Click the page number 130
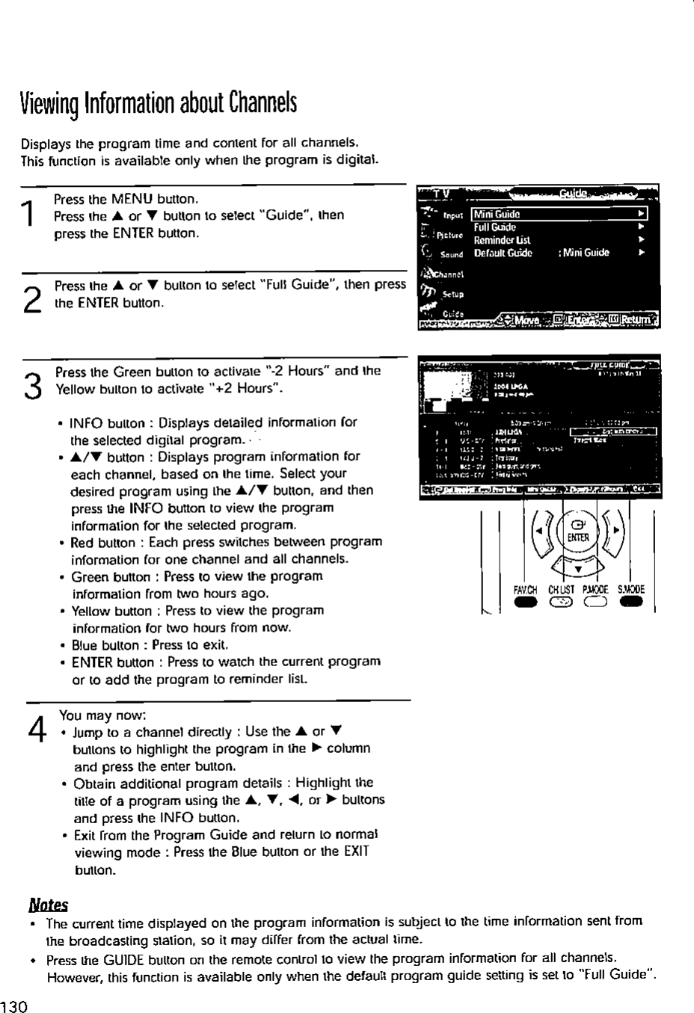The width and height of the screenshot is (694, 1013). (x=14, y=1006)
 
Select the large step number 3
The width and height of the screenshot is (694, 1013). (x=31, y=386)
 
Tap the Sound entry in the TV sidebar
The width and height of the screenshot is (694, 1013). (x=452, y=254)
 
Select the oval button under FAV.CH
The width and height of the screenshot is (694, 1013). (x=526, y=603)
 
